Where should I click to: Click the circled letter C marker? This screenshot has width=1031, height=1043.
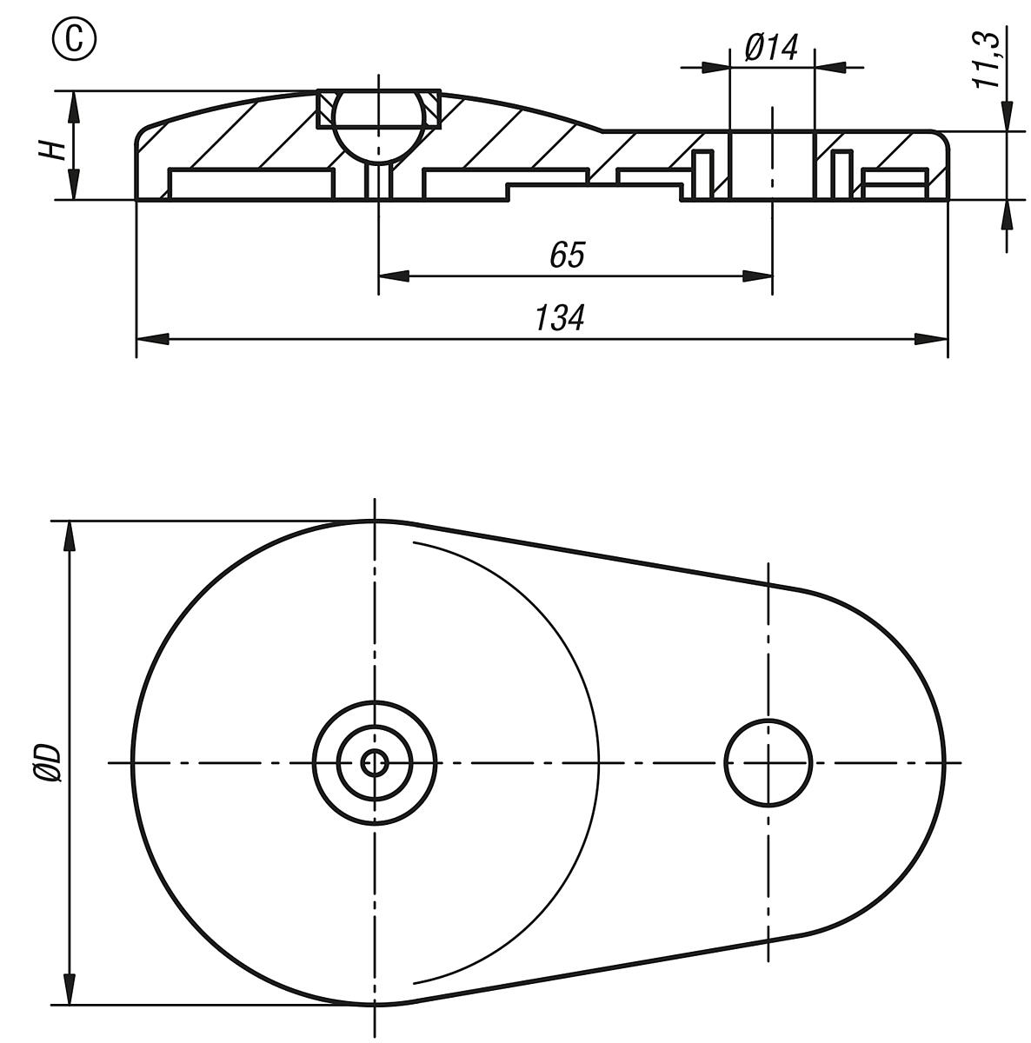(x=76, y=40)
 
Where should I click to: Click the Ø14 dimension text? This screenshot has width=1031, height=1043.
(x=771, y=48)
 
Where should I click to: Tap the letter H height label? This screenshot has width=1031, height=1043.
(x=53, y=149)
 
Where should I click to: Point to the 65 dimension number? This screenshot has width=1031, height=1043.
(x=568, y=256)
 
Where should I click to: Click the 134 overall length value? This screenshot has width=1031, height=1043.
(x=559, y=318)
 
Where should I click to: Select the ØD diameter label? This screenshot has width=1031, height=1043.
(x=50, y=762)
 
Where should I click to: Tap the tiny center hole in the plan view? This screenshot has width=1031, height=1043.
(x=376, y=763)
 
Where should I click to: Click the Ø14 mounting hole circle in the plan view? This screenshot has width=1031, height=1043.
(x=768, y=761)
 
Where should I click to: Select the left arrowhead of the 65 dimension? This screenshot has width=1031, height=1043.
(x=393, y=276)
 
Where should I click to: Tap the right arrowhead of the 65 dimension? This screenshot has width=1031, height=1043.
(x=757, y=276)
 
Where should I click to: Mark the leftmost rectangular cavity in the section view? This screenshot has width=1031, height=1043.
(x=251, y=183)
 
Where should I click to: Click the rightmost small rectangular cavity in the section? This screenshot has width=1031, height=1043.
(x=894, y=183)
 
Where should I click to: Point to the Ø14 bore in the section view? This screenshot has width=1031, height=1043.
(x=771, y=165)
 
